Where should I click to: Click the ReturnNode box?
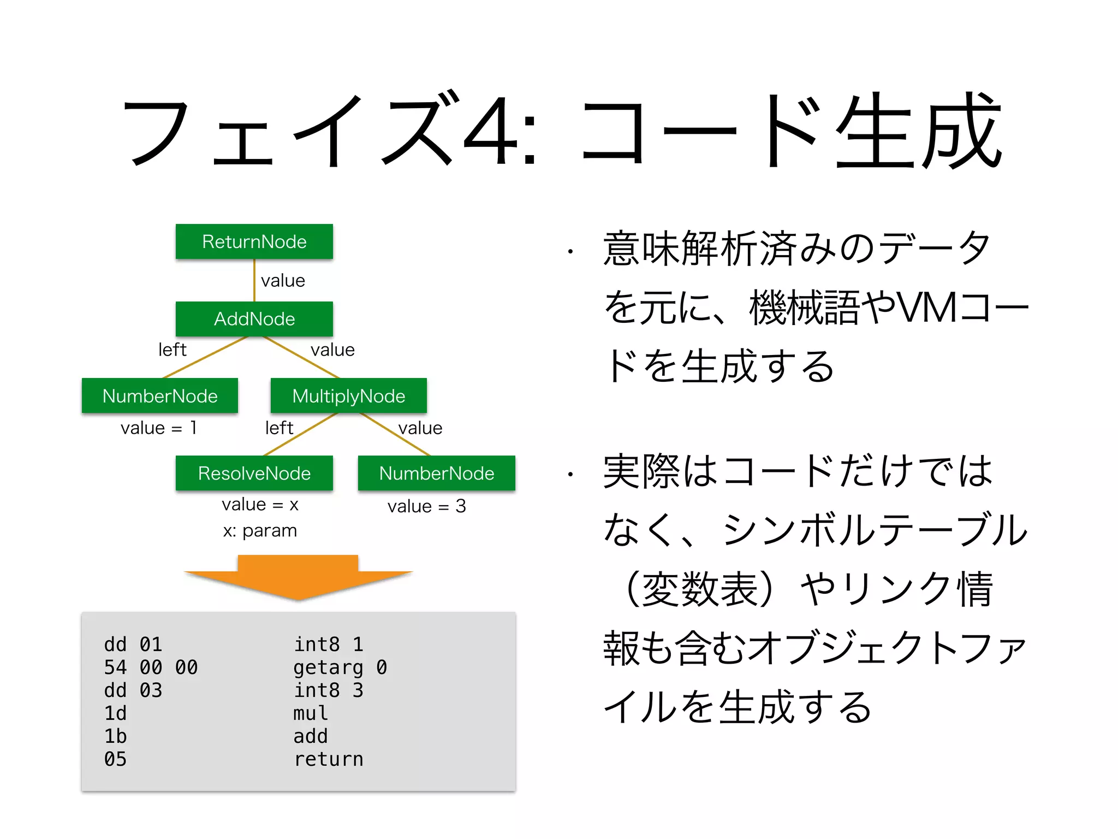pyautogui.click(x=254, y=241)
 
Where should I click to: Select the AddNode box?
pyautogui.click(x=254, y=319)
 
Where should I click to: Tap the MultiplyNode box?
pyautogui.click(x=348, y=396)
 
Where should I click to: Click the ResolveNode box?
pyautogui.click(x=254, y=473)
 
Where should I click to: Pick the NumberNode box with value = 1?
pyautogui.click(x=159, y=396)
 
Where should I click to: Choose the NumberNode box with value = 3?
pyautogui.click(x=436, y=473)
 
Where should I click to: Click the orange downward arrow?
pyautogui.click(x=298, y=578)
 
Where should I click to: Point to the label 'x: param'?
pyautogui.click(x=260, y=530)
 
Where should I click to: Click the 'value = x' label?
pyautogui.click(x=260, y=505)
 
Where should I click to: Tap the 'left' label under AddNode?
pyautogui.click(x=172, y=350)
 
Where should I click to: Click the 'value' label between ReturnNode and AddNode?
pyautogui.click(x=283, y=281)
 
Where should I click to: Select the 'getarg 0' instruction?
pyautogui.click(x=340, y=667)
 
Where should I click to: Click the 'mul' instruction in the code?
pyautogui.click(x=311, y=713)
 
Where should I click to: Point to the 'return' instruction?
pyautogui.click(x=328, y=759)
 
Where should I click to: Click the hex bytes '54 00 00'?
pyautogui.click(x=151, y=667)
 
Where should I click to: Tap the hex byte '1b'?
pyautogui.click(x=115, y=736)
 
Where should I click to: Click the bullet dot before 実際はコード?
pyautogui.click(x=569, y=474)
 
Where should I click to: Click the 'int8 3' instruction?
pyautogui.click(x=328, y=690)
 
